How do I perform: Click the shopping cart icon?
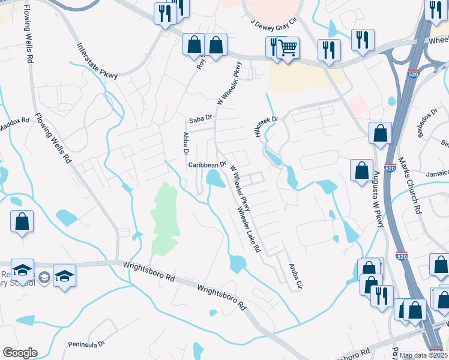tap(288, 47)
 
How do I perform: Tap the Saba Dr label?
tap(200, 119)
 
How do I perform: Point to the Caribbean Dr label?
tap(206, 164)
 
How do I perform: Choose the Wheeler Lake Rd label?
tap(250, 230)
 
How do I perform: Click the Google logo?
tap(20, 353)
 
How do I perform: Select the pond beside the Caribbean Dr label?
tap(213, 178)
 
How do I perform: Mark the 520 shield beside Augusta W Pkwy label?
tap(390, 170)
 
